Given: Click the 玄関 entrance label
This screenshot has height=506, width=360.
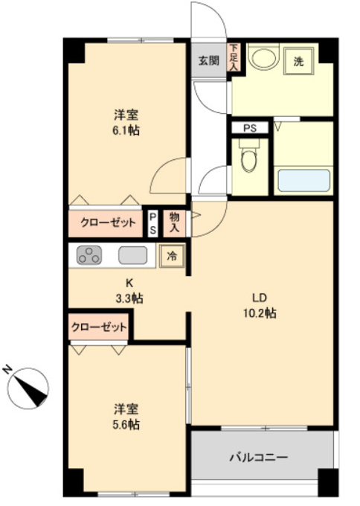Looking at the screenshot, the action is [x=209, y=60].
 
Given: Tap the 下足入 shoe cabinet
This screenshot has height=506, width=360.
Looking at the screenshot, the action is [x=234, y=57].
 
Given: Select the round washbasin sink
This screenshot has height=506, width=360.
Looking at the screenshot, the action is [x=265, y=58].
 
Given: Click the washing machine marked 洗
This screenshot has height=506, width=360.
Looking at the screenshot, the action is [x=299, y=61].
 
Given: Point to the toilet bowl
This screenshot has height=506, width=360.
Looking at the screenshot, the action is [x=249, y=156].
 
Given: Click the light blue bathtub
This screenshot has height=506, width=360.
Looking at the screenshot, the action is [x=304, y=180].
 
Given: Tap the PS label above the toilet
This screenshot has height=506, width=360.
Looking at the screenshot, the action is [x=250, y=128].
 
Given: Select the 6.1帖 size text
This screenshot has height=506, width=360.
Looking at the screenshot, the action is [x=126, y=130].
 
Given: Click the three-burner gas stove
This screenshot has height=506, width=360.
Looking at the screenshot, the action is [x=89, y=255].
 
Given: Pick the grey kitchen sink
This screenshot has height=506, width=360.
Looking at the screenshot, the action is [x=133, y=255].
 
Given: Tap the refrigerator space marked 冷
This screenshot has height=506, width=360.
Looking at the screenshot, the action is [x=172, y=256].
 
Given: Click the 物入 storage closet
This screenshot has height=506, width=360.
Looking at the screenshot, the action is [x=175, y=222].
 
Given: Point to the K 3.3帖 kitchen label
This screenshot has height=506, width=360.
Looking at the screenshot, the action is [x=129, y=291].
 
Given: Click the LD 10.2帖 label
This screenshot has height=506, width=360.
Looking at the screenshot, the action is [x=260, y=305].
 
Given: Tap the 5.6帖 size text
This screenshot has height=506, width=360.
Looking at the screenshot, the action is [x=126, y=424].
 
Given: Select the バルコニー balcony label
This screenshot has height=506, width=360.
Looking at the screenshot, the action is [x=258, y=457].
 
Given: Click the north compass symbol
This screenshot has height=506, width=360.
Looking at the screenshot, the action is [x=28, y=388].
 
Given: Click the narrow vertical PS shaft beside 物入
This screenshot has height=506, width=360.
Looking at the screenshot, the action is [x=153, y=223].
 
